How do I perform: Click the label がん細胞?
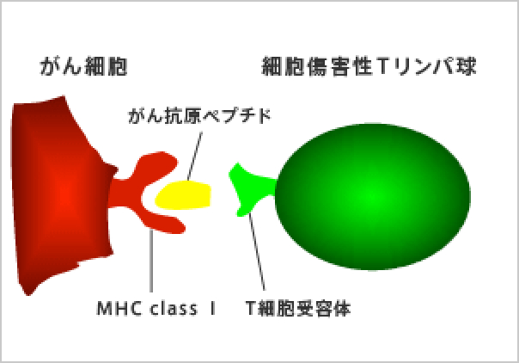(83, 66)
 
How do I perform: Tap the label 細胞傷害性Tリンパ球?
(369, 66)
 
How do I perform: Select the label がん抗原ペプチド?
(199, 116)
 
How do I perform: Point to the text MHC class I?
(156, 309)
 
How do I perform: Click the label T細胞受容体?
(298, 309)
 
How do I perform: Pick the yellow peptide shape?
(183, 195)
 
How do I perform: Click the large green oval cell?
(373, 197)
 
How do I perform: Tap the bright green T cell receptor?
(252, 188)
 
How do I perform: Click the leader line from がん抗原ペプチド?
(195, 156)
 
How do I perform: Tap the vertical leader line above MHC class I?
(151, 261)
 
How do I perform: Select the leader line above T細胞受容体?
(257, 252)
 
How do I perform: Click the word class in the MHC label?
(174, 309)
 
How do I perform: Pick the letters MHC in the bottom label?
(119, 309)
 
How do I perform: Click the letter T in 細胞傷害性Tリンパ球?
(382, 66)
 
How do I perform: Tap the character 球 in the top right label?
(466, 66)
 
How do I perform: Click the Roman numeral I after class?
(212, 309)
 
